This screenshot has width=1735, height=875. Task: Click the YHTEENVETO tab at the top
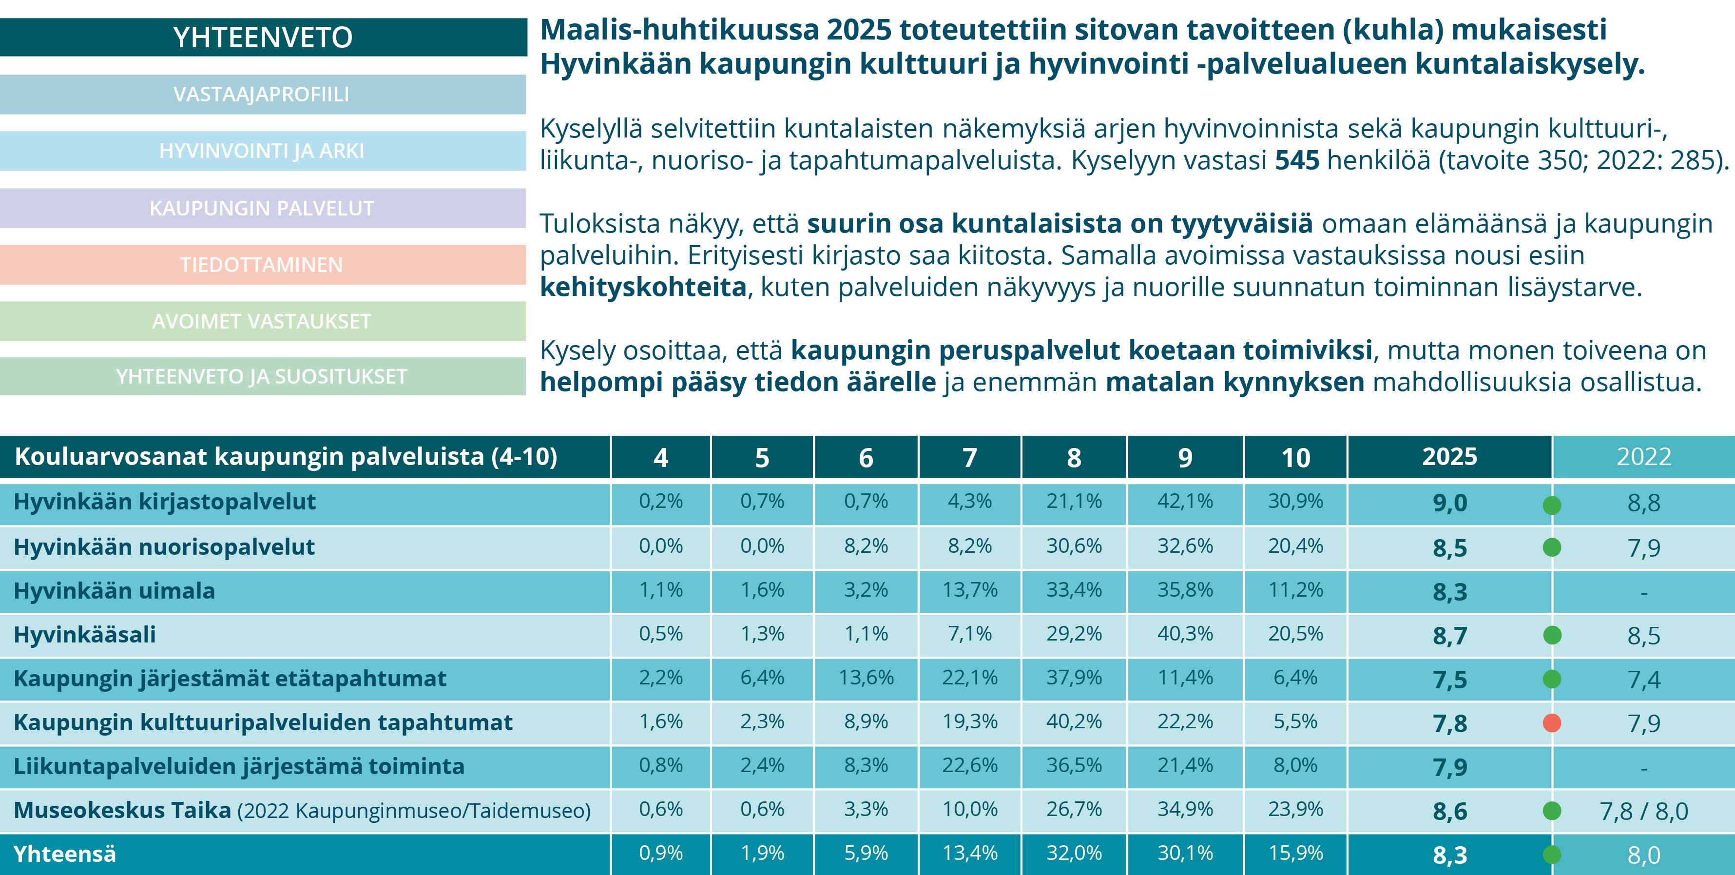[x=263, y=37]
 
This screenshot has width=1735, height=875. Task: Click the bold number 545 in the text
[x=1296, y=160]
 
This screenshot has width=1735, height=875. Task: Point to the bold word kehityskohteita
[x=643, y=287]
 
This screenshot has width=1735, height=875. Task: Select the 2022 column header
[x=1643, y=457]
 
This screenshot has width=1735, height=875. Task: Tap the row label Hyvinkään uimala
[x=115, y=591]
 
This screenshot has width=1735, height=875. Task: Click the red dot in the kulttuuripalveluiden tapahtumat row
[x=1552, y=723]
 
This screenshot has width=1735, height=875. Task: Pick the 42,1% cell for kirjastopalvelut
[x=1185, y=501]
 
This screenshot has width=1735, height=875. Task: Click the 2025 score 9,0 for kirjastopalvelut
[x=1449, y=503]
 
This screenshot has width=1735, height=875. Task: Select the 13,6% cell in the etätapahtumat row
[x=866, y=678]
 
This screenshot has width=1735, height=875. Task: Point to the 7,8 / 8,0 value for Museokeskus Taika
[x=1643, y=811]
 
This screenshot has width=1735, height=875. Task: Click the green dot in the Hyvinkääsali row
[x=1552, y=635]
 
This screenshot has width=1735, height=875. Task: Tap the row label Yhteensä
[x=65, y=854]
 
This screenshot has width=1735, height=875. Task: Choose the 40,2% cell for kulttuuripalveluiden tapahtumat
[x=1074, y=721]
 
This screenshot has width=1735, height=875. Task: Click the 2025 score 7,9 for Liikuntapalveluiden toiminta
[x=1449, y=767]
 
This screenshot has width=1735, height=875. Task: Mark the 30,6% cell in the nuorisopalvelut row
[x=1074, y=545]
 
